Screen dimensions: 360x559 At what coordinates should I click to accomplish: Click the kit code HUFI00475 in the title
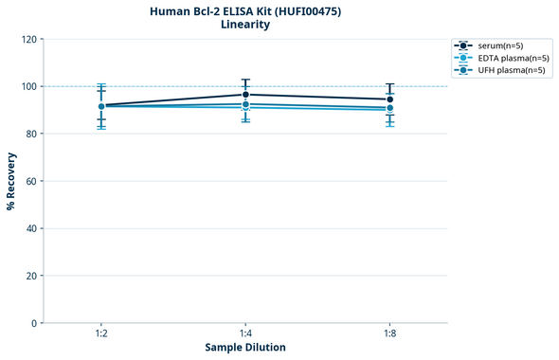pyautogui.click(x=306, y=10)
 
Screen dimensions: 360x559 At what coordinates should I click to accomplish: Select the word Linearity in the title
pyautogui.click(x=244, y=25)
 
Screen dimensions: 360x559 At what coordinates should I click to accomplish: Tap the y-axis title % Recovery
pyautogui.click(x=11, y=180)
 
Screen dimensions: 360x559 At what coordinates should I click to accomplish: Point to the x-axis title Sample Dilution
pyautogui.click(x=244, y=348)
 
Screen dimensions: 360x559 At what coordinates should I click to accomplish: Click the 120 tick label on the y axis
pyautogui.click(x=29, y=39)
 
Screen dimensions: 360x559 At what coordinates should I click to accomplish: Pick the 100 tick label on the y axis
pyautogui.click(x=29, y=86)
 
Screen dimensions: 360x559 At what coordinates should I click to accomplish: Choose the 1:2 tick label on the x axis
pyautogui.click(x=100, y=334)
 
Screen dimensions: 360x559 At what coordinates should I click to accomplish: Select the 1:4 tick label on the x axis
pyautogui.click(x=245, y=334)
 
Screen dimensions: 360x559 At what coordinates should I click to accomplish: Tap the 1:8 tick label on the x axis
pyautogui.click(x=389, y=334)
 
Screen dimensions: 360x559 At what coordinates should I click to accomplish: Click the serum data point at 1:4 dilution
pyautogui.click(x=245, y=95)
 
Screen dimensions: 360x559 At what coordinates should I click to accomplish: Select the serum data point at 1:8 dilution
pyautogui.click(x=389, y=99)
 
